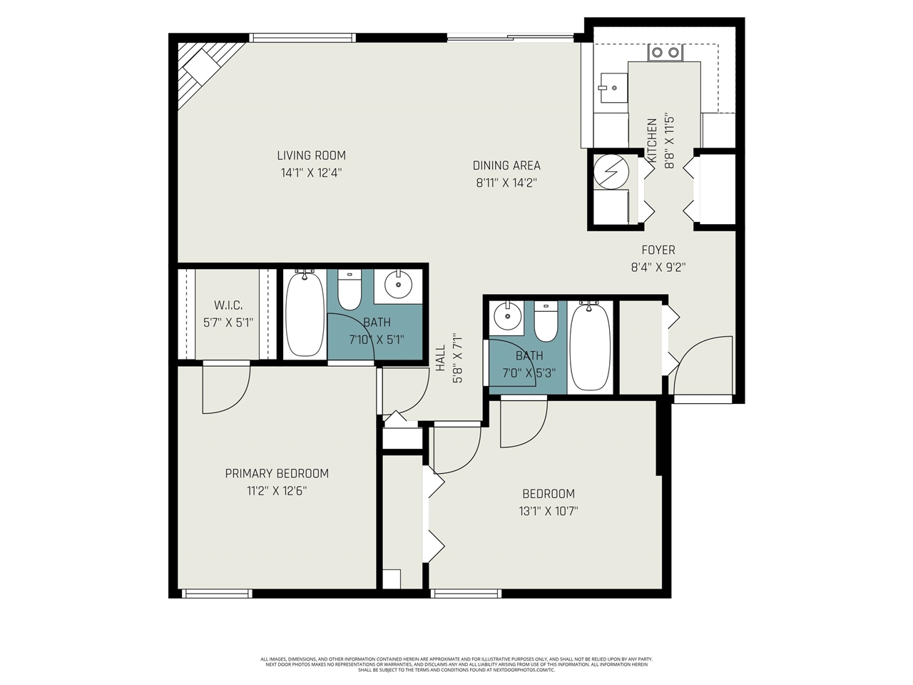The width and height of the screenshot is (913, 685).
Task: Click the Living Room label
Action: [311, 155]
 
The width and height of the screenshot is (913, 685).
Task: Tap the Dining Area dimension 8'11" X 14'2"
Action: [506, 183]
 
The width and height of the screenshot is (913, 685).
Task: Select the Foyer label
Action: [658, 250]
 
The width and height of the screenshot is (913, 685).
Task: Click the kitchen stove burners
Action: [665, 52]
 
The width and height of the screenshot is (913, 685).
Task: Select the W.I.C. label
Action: [228, 305]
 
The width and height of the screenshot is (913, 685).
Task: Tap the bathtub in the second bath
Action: [591, 346]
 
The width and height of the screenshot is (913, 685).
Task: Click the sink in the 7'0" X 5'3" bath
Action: [507, 316]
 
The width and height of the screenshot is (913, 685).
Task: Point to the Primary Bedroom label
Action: [277, 473]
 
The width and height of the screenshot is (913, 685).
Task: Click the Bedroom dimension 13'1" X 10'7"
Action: [549, 511]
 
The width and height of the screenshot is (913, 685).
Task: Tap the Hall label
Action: [440, 358]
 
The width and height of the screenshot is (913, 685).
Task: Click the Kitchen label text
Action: [652, 138]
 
